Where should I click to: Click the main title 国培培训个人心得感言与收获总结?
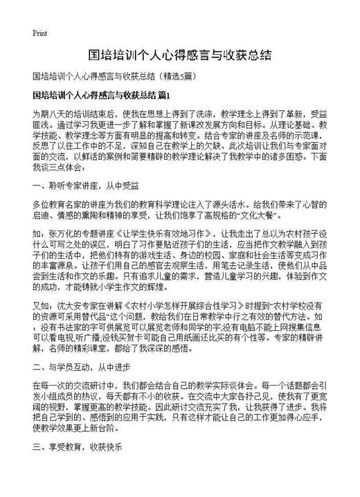180,53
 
